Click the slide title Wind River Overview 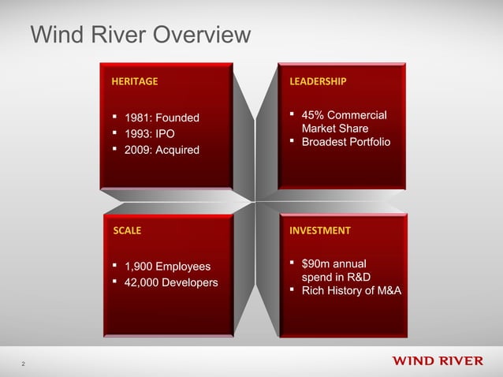[140, 35]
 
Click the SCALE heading [127, 231]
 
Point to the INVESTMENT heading [320, 231]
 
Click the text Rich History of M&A [346, 292]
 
